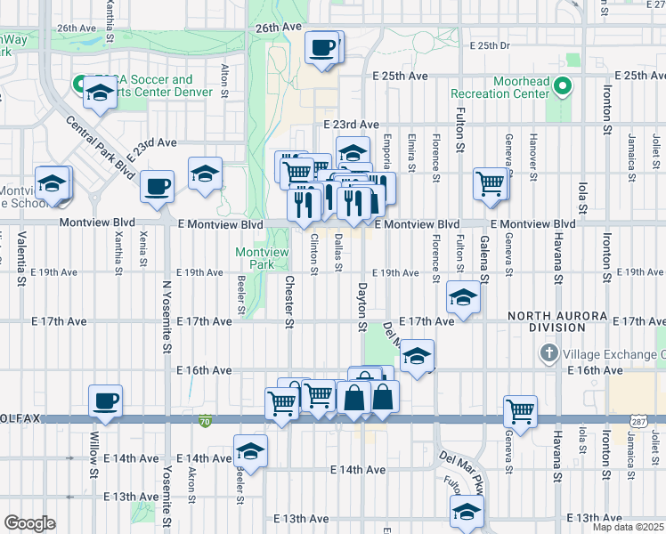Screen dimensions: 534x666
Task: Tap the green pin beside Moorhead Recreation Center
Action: (x=562, y=86)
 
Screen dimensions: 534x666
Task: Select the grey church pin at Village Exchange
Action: (x=549, y=354)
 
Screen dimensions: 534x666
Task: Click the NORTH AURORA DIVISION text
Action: (x=558, y=321)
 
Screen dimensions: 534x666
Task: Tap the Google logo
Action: (x=29, y=523)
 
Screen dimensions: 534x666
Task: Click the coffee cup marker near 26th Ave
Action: (x=321, y=47)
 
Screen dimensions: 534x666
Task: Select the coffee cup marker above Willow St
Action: (x=106, y=400)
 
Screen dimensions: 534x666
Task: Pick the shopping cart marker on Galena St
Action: (x=491, y=183)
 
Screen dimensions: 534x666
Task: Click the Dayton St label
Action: (x=361, y=307)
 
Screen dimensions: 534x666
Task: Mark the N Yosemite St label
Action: (x=166, y=316)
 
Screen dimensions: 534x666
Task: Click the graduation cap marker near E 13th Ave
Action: (x=466, y=511)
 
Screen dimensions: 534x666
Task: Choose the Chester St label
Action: (x=288, y=301)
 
